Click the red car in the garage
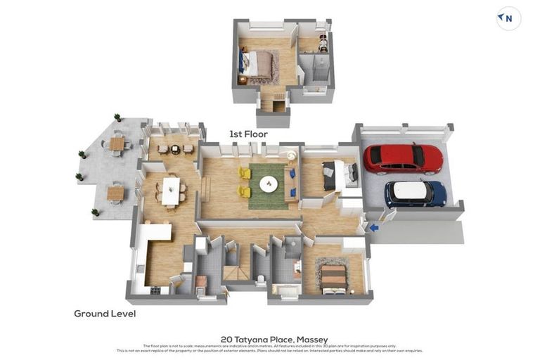tap(402, 159)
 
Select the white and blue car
tap(415, 193)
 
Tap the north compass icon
tap(508, 18)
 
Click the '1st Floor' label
tap(248, 134)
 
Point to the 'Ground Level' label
tap(105, 314)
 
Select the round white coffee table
tap(268, 184)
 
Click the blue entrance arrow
tap(373, 227)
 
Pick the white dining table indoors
tap(170, 191)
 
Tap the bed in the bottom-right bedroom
tap(333, 276)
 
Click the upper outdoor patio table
tap(117, 144)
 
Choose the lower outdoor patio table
tap(115, 193)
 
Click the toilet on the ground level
tap(260, 279)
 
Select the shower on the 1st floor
tap(314, 70)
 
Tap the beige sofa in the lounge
tap(290, 185)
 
